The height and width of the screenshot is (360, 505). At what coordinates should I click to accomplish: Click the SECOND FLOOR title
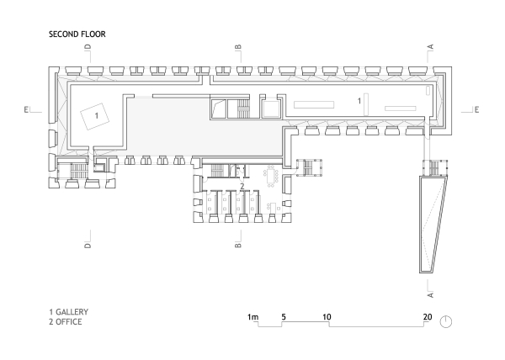(x=77, y=34)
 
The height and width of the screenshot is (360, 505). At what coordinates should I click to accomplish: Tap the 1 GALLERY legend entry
(x=69, y=312)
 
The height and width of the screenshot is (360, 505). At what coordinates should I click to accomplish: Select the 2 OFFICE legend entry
(x=66, y=321)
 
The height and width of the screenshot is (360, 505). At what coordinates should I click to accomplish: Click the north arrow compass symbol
(x=446, y=321)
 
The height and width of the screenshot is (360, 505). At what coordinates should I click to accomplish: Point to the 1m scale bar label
(x=252, y=317)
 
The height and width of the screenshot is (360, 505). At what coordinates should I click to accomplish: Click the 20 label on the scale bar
(x=428, y=317)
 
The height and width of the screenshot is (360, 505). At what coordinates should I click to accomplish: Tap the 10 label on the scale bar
(x=327, y=317)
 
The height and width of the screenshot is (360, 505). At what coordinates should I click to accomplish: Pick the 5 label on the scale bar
(x=284, y=317)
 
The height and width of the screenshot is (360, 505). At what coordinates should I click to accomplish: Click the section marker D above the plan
(x=88, y=46)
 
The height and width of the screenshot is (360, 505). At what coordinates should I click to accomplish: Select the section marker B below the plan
(x=238, y=245)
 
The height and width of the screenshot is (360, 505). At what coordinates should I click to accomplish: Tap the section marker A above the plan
(x=431, y=46)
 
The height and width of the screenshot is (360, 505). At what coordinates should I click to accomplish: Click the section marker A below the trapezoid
(x=431, y=294)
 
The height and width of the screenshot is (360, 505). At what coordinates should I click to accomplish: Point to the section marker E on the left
(x=26, y=109)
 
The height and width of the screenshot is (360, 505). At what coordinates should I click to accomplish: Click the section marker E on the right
(x=476, y=109)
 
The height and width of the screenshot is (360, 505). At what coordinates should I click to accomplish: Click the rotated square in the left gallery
(x=94, y=116)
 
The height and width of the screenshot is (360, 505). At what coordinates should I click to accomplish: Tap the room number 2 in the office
(x=242, y=186)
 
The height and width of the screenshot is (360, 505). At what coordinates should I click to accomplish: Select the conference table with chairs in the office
(x=271, y=177)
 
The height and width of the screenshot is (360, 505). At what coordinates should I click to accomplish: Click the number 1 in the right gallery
(x=359, y=101)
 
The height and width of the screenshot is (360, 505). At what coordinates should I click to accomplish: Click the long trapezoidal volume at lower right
(x=433, y=225)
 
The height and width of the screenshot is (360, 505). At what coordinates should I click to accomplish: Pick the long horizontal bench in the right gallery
(x=314, y=104)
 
